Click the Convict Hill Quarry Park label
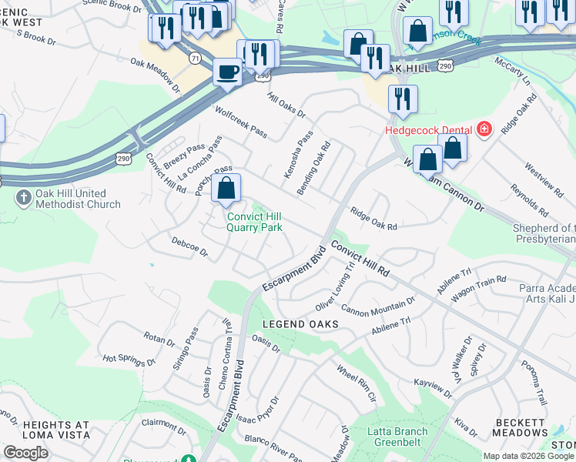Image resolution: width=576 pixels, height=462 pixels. point(254,222)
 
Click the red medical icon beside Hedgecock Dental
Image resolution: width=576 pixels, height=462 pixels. point(484,129)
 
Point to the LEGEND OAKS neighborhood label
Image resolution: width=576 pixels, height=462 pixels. point(300,324)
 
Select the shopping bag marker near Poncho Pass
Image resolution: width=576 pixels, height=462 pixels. point(226,189)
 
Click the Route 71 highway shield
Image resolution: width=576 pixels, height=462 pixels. point(195,58)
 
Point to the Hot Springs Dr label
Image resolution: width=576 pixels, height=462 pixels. point(129,360)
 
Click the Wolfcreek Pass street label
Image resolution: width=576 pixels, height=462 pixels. point(241,122)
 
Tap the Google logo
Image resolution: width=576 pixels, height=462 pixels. point(25,453)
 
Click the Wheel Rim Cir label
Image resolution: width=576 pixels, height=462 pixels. point(356,382)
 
